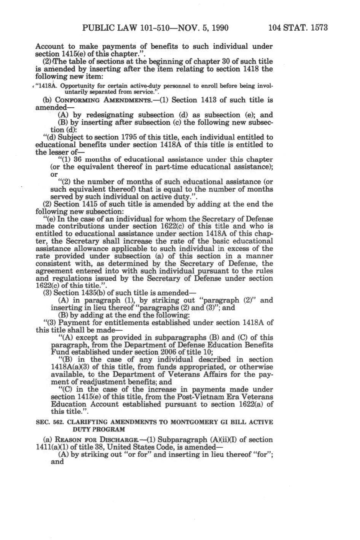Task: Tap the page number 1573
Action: pyautogui.click(x=316, y=28)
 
